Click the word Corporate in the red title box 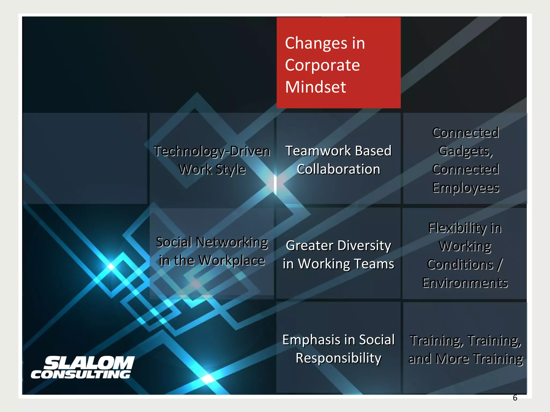[x=322, y=65]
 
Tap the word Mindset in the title [x=316, y=87]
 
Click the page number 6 [x=515, y=398]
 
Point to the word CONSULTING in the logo [x=81, y=374]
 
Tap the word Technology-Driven [x=212, y=151]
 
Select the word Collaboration [x=338, y=169]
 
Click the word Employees [x=466, y=188]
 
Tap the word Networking [x=232, y=242]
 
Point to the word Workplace [x=231, y=260]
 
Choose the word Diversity [x=364, y=245]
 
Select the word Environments [x=465, y=283]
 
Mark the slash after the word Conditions [x=500, y=265]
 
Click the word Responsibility [x=338, y=358]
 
